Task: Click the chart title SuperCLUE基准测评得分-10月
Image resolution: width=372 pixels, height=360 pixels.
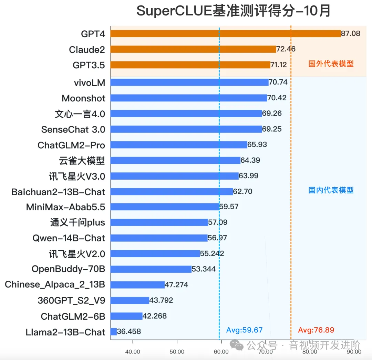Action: click(233, 11)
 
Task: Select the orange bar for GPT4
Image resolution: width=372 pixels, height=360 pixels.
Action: click(226, 33)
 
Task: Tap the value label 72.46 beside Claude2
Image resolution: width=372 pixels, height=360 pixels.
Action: click(286, 49)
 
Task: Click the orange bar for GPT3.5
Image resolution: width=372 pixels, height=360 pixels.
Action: click(190, 65)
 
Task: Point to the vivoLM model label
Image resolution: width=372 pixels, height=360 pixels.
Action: click(89, 83)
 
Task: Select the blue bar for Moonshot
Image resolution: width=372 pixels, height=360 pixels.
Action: click(189, 98)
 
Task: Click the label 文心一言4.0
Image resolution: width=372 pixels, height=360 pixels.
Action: click(80, 114)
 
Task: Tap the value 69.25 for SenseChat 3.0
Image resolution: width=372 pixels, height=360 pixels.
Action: click(272, 129)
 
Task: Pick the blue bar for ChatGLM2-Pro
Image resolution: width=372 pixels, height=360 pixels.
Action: click(179, 145)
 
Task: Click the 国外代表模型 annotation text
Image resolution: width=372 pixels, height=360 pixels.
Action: click(331, 64)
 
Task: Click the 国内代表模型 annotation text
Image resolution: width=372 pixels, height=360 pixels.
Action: click(331, 190)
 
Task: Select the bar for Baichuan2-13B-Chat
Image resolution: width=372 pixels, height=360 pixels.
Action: click(172, 192)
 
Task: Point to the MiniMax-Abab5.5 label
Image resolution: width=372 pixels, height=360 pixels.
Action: click(65, 207)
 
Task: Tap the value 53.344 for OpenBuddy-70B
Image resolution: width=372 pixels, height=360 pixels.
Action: click(204, 269)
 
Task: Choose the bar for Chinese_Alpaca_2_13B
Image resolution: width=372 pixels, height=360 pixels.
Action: click(137, 285)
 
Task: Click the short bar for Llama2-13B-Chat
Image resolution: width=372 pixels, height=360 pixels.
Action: click(114, 332)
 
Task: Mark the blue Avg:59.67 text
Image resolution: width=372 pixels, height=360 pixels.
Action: click(244, 330)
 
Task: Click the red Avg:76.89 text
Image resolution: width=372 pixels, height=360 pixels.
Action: click(316, 330)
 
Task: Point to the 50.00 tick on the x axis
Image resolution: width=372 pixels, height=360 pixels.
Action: click(177, 352)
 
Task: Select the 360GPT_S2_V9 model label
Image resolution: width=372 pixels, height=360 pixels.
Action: click(71, 301)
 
